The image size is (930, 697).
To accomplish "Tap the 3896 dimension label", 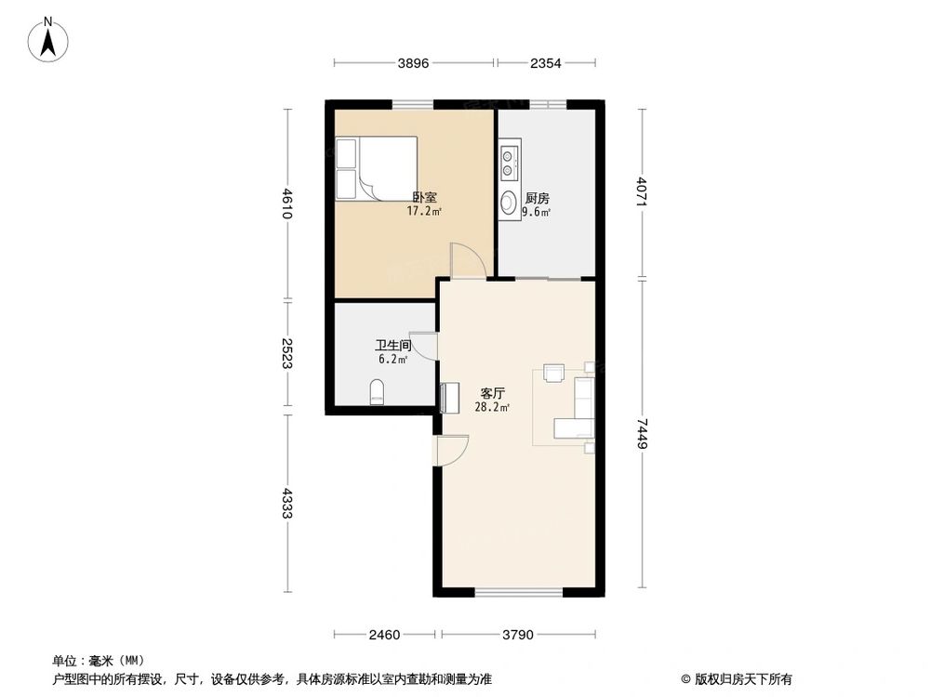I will click(413, 63).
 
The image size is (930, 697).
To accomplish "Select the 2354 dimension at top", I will click(546, 63).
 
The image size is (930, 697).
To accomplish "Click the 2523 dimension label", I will click(287, 353).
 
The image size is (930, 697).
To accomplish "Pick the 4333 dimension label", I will click(287, 504).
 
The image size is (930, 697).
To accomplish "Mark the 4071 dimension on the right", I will click(642, 192).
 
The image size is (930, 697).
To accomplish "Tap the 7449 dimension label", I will click(642, 433).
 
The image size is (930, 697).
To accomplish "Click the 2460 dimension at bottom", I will click(383, 636).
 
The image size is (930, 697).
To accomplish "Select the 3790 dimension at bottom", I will click(518, 636).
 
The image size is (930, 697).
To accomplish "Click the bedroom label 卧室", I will click(424, 197).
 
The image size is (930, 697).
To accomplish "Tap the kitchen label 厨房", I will click(537, 198).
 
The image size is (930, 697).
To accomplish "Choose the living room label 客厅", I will click(492, 393).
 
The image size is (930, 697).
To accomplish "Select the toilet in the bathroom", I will click(377, 391).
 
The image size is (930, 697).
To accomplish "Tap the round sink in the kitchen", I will click(510, 202).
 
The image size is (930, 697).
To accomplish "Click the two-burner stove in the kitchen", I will click(510, 163).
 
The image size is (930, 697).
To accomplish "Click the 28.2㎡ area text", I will click(492, 407).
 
